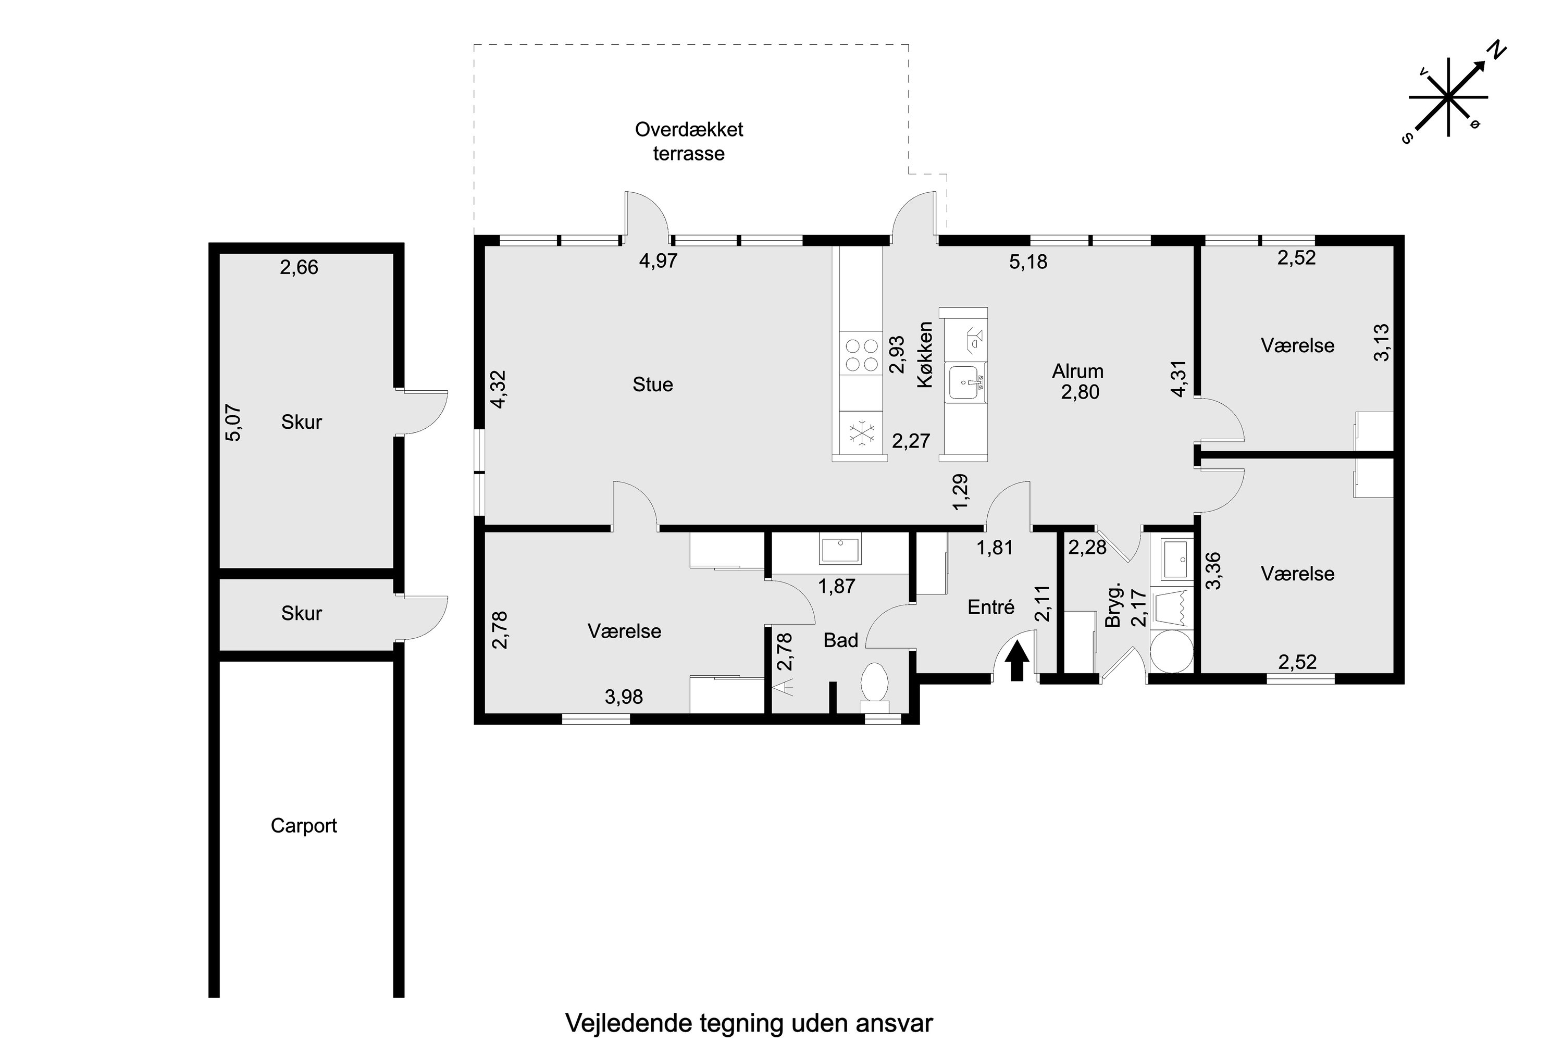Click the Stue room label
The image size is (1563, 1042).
tap(653, 385)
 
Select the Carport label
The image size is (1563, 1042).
tap(304, 826)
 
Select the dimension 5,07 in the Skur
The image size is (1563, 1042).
tap(234, 423)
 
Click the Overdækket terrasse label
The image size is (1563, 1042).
tap(689, 141)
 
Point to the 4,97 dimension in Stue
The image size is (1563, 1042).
tap(658, 260)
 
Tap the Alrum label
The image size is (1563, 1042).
tap(1077, 371)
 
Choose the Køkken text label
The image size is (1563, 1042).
tap(925, 354)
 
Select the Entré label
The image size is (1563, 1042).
tap(991, 607)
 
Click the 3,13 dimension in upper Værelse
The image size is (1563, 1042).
tap(1381, 342)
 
